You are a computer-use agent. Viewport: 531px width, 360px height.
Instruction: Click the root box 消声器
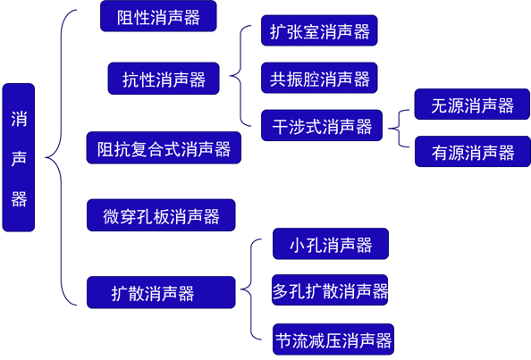(19, 158)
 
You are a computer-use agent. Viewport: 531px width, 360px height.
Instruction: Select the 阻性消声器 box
(158, 16)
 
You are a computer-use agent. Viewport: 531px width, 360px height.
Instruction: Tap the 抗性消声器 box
(164, 79)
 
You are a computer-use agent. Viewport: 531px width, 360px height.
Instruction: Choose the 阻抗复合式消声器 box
(164, 148)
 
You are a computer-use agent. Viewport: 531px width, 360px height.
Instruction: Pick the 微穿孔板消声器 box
(161, 215)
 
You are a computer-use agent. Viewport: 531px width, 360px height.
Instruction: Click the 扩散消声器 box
(161, 292)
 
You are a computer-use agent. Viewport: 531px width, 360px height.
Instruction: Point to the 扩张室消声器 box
(319, 30)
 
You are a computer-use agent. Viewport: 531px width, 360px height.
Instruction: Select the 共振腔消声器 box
(319, 78)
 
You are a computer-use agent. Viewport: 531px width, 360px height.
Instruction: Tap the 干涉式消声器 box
(322, 125)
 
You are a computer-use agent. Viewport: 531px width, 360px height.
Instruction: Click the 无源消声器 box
(472, 105)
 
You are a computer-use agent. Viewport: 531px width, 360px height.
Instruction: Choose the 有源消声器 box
(473, 152)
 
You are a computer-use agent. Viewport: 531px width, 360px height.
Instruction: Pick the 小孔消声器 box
(331, 244)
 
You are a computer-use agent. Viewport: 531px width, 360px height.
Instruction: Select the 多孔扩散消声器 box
(330, 290)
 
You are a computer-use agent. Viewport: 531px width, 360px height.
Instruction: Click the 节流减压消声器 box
(333, 339)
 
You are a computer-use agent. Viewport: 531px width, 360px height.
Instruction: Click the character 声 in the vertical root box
(19, 158)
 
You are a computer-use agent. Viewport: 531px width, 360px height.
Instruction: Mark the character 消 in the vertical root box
(19, 119)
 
